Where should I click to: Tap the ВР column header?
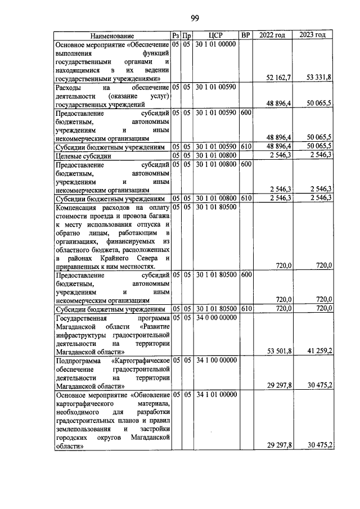[x=245, y=35]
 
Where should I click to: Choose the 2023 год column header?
[x=312, y=35]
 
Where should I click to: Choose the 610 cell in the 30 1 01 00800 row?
[x=245, y=198]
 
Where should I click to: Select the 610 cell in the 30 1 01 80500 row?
[x=245, y=309]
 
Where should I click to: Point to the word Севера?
[x=157, y=257]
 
